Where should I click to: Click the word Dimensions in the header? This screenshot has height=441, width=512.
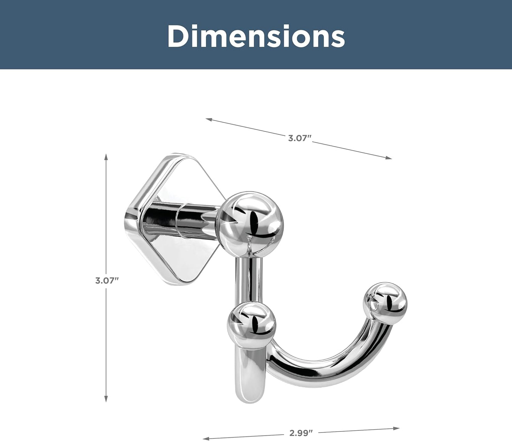pos(256,36)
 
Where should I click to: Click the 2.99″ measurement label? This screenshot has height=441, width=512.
pos(301,433)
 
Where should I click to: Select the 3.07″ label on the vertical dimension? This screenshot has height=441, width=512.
pos(106,281)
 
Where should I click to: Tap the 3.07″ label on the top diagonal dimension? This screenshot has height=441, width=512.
pos(299,138)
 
